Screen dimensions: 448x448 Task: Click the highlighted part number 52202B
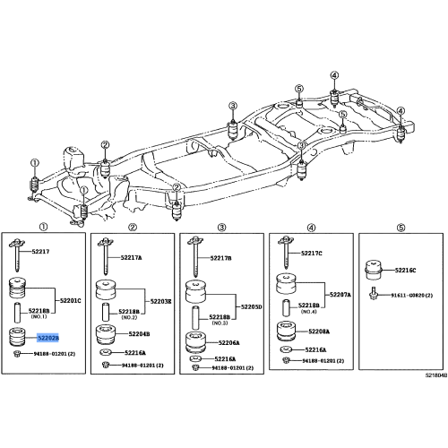pyautogui.click(x=47, y=338)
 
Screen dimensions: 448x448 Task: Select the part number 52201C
pyautogui.click(x=71, y=301)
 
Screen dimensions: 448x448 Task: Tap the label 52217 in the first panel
pyautogui.click(x=41, y=252)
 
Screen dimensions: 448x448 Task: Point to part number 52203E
pyautogui.click(x=160, y=302)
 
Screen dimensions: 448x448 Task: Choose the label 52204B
pyautogui.click(x=137, y=333)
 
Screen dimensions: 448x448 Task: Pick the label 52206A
pyautogui.click(x=227, y=341)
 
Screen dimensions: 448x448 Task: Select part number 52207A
pyautogui.click(x=340, y=294)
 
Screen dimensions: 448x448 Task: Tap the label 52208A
pyautogui.click(x=314, y=331)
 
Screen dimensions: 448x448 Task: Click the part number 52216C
pyautogui.click(x=406, y=269)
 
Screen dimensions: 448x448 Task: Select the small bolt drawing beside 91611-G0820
pyautogui.click(x=375, y=295)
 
